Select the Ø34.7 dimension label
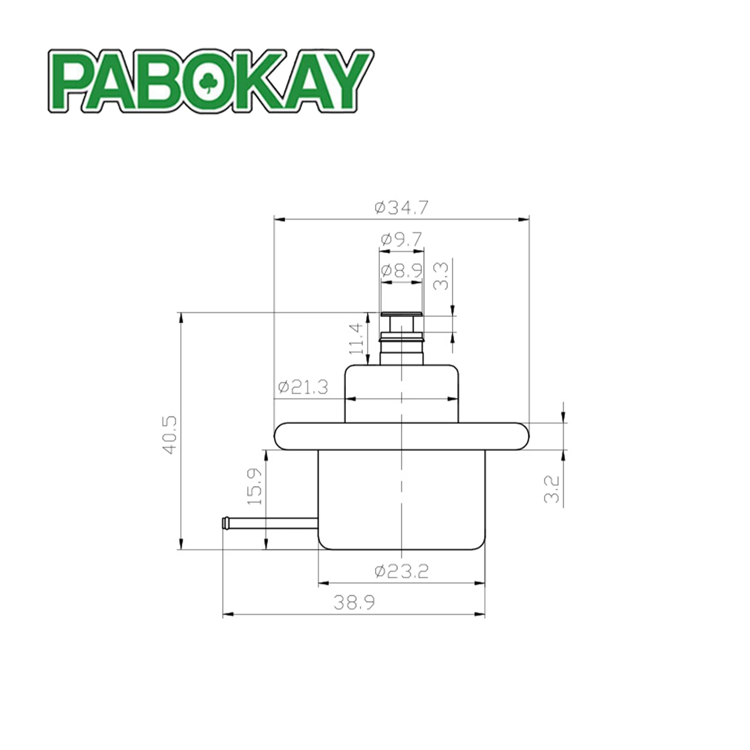point(402,208)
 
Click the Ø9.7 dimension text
point(401,240)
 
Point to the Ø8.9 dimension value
point(401,270)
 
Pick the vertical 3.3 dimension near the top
point(441,276)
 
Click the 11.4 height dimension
point(357,338)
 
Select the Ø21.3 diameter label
point(303,388)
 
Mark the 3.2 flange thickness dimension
point(553,489)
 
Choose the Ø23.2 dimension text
point(402,571)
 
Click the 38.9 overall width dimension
point(354,602)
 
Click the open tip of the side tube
point(225,523)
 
